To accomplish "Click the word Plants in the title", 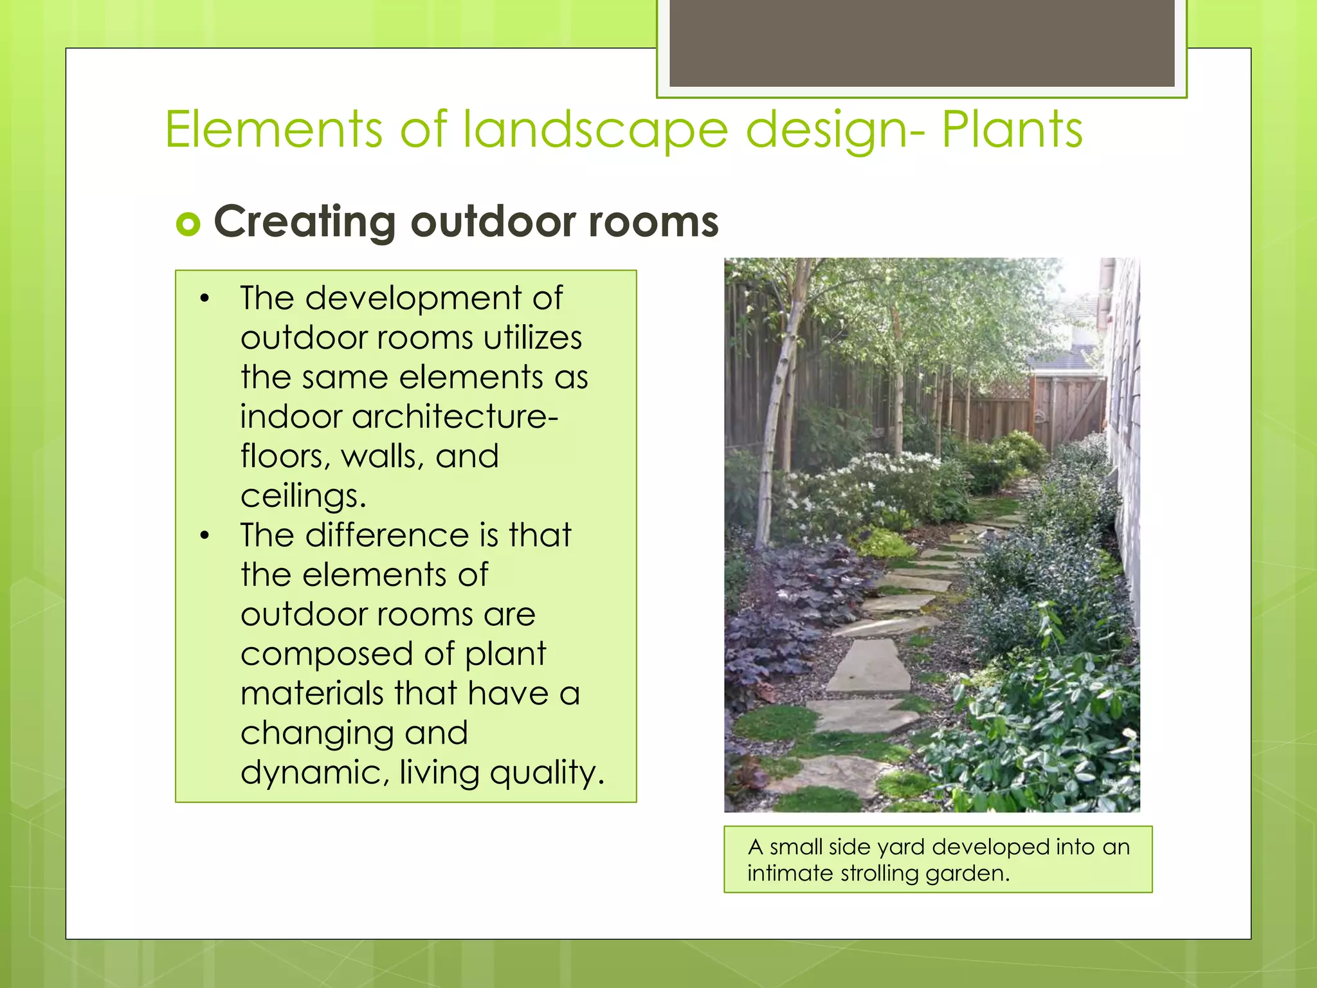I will [1012, 130].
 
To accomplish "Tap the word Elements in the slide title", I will [274, 130].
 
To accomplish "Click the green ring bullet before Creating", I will [188, 224].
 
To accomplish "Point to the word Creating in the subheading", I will [304, 222].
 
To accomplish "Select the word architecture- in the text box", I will [399, 417].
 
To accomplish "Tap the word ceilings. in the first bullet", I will [304, 496].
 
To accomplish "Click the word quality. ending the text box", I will [547, 773].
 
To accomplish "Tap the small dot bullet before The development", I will [204, 298].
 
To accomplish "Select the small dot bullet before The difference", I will [204, 535].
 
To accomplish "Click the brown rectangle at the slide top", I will [922, 42].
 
